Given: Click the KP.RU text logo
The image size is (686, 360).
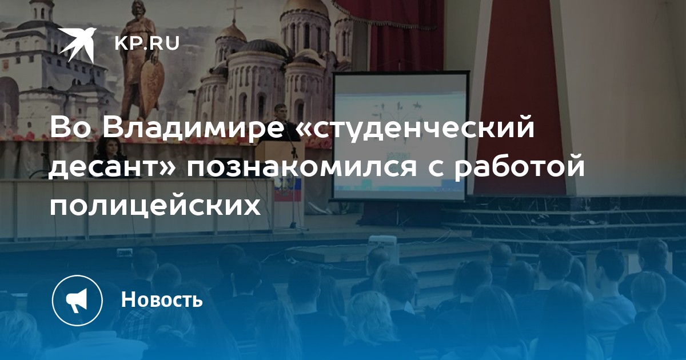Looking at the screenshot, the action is (147, 43).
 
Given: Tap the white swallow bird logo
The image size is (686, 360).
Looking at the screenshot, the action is (77, 44).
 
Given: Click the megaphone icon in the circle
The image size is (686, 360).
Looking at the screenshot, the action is (77, 300).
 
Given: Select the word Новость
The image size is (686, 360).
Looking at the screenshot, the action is (162, 299).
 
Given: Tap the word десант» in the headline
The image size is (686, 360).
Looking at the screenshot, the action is (114, 169).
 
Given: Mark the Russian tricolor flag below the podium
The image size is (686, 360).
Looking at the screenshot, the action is (288, 189).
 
